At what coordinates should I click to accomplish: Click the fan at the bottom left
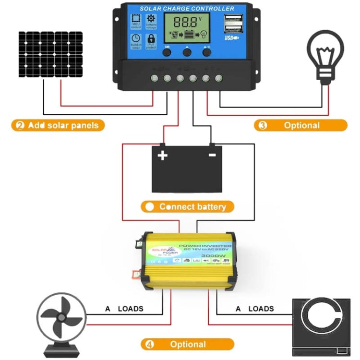pyautogui.click(x=60, y=319)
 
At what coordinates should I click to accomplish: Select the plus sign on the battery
pyautogui.click(x=163, y=155)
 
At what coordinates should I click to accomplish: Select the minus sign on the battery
pyautogui.click(x=212, y=155)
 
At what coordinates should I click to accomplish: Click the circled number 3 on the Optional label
pyautogui.click(x=263, y=125)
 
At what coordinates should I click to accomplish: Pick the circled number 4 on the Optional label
pyautogui.click(x=150, y=344)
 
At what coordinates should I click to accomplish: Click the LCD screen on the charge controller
pyautogui.click(x=186, y=28)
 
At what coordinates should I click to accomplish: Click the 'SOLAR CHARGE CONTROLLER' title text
pyautogui.click(x=187, y=9)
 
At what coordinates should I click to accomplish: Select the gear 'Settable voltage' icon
pyautogui.click(x=151, y=22)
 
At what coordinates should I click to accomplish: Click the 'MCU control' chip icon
pyautogui.click(x=136, y=22)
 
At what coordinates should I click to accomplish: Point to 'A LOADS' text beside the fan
pyautogui.click(x=124, y=309)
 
